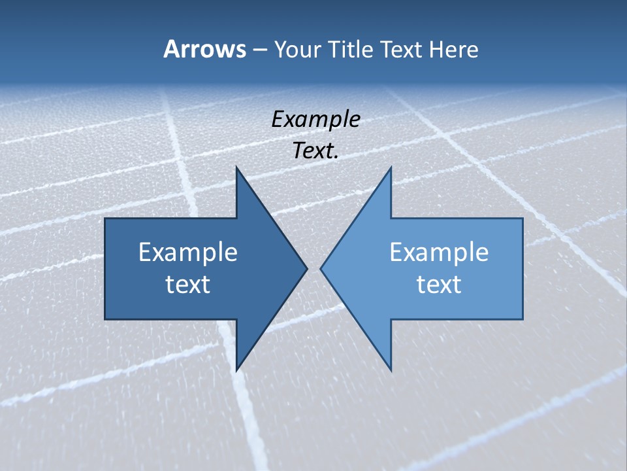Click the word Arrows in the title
(x=204, y=49)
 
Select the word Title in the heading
(x=355, y=50)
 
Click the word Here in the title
(x=453, y=50)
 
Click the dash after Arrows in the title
(x=259, y=50)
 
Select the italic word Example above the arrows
(x=316, y=120)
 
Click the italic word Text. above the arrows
(x=316, y=151)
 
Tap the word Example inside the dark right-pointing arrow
(x=188, y=252)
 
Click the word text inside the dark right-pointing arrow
(x=188, y=284)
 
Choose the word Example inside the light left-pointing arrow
(x=439, y=252)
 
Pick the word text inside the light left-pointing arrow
(x=439, y=284)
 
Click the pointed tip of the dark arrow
(x=306, y=268)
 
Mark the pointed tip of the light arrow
(x=321, y=268)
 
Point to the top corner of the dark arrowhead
(x=236, y=168)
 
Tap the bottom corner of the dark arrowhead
(x=236, y=370)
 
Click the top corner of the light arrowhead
(x=391, y=168)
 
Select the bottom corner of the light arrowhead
(x=391, y=370)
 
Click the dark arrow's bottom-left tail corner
(x=105, y=319)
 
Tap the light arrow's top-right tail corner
(x=522, y=218)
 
